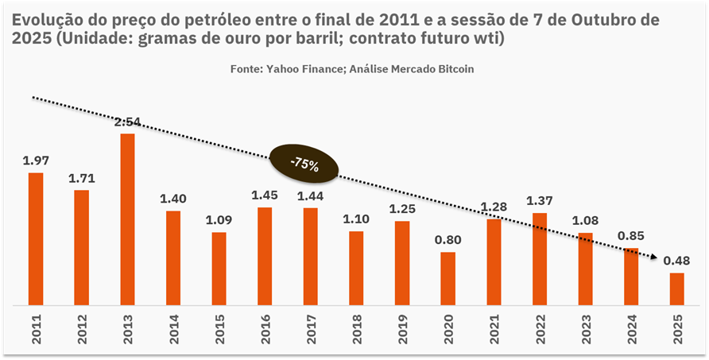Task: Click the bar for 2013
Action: (127, 219)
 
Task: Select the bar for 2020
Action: (448, 278)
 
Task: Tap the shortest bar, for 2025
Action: (677, 288)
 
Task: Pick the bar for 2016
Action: (265, 256)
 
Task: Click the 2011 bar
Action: (35, 238)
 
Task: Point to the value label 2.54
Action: (127, 122)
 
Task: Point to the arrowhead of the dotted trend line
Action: (654, 257)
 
